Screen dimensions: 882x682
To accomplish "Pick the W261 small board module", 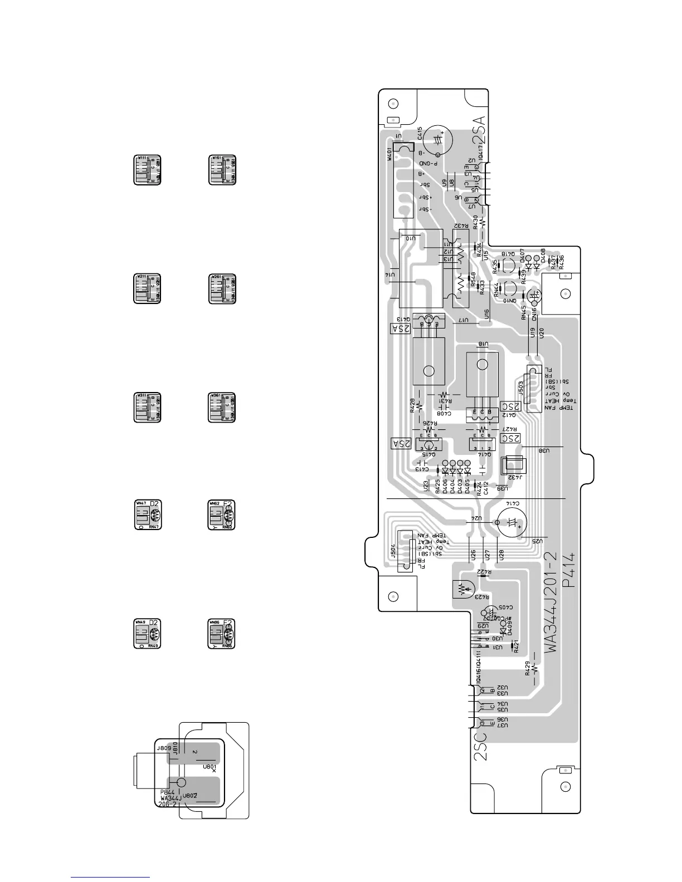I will pyautogui.click(x=222, y=288).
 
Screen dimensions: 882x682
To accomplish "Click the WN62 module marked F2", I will pyautogui.click(x=222, y=514).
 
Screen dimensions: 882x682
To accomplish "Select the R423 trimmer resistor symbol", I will pyautogui.click(x=462, y=588).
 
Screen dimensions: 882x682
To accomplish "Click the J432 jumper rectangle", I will pyautogui.click(x=513, y=466).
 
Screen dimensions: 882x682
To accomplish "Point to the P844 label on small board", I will pyautogui.click(x=168, y=792).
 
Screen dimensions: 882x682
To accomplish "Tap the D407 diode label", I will pyautogui.click(x=523, y=256).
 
